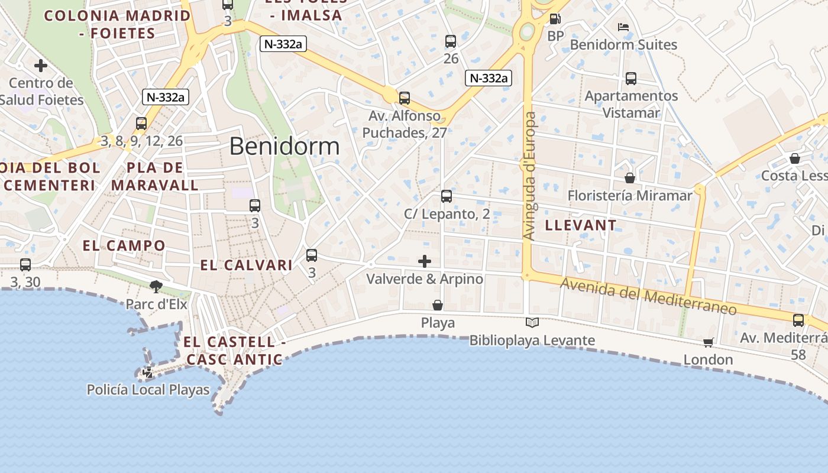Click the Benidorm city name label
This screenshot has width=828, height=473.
coord(284,146)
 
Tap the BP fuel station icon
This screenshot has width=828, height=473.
coord(555,19)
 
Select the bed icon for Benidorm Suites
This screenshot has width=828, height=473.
coord(623,27)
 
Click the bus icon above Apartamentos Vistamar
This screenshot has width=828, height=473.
coord(631,78)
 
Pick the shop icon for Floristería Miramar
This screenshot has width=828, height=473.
coord(630,177)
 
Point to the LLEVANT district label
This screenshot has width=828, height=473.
coord(580,225)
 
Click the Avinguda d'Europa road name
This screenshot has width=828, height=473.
coord(530,176)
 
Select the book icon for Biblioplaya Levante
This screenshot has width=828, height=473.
coord(532,322)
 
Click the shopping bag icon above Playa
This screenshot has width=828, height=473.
coord(438,305)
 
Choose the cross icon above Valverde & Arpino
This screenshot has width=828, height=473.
coord(425,261)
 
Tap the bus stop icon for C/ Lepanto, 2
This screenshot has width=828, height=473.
coord(447,196)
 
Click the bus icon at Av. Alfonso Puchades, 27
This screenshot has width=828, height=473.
coord(405,98)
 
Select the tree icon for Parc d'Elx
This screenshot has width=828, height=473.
coord(156,287)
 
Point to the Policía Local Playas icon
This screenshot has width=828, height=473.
coord(148,372)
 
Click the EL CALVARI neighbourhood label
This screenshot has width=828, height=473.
coord(246,265)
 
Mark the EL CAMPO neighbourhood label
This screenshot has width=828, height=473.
coord(124,245)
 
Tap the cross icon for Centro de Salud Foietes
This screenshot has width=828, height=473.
coord(41,65)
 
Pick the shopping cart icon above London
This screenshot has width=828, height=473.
coord(709,342)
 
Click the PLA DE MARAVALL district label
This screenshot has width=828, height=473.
coord(155,176)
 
